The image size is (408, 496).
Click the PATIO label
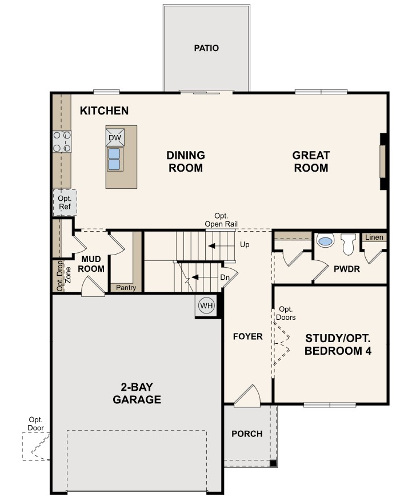tap(206, 48)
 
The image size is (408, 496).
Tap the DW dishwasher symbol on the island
tap(114, 138)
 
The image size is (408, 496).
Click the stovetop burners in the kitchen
tap(62, 142)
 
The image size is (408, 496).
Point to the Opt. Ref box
tap(64, 202)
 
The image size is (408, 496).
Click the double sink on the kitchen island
tap(114, 159)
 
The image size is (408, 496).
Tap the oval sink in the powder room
tap(324, 241)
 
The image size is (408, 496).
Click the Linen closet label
tap(374, 237)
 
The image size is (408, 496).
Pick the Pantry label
tap(126, 287)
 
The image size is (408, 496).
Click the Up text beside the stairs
tap(245, 245)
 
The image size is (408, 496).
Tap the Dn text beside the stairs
tap(225, 277)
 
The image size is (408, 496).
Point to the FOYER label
tap(248, 336)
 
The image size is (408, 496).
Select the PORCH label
tap(247, 434)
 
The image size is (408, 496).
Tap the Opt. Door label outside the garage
tap(35, 423)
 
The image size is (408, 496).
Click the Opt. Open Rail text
tap(221, 220)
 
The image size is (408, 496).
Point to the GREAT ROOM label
tap(311, 161)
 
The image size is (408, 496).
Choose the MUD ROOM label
tap(91, 264)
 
